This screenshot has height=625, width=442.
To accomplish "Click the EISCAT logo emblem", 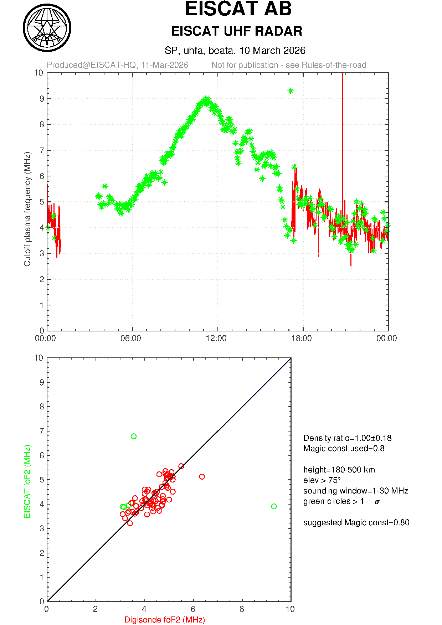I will pyautogui.click(x=47, y=28).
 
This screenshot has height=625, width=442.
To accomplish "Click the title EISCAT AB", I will pyautogui.click(x=238, y=9).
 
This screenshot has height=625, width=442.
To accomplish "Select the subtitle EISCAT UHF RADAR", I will pyautogui.click(x=237, y=31).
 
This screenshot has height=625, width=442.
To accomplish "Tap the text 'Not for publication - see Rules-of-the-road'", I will pyautogui.click(x=289, y=65).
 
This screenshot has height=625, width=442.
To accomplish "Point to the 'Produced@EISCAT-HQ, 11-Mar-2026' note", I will pyautogui.click(x=117, y=65).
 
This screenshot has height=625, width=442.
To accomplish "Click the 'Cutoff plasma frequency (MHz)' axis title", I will pyautogui.click(x=27, y=209).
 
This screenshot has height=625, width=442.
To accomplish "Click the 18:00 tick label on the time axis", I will pyautogui.click(x=302, y=338).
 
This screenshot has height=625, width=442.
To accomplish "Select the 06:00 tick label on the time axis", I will pyautogui.click(x=131, y=338).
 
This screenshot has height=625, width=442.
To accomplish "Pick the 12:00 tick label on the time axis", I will pyautogui.click(x=216, y=338).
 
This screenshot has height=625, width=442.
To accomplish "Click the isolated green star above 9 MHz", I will pyautogui.click(x=291, y=91).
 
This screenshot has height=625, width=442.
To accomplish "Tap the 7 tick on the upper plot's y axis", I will pyautogui.click(x=42, y=150).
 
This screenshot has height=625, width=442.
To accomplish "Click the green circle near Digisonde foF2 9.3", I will pyautogui.click(x=274, y=506).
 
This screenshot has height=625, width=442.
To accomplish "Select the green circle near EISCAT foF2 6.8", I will pyautogui.click(x=134, y=436).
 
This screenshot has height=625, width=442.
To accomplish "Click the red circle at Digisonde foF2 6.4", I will pyautogui.click(x=202, y=476).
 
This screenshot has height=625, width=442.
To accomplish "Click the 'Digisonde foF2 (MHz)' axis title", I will pyautogui.click(x=165, y=620).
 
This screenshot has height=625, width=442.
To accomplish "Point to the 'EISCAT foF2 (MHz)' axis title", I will pyautogui.click(x=27, y=481).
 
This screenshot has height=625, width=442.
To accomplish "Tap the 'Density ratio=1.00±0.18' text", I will pyautogui.click(x=347, y=438).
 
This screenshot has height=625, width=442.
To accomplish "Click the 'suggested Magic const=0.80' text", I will pyautogui.click(x=356, y=522).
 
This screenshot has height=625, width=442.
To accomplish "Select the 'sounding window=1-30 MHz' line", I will pyautogui.click(x=355, y=491).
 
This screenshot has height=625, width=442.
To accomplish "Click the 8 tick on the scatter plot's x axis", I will pyautogui.click(x=242, y=609).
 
